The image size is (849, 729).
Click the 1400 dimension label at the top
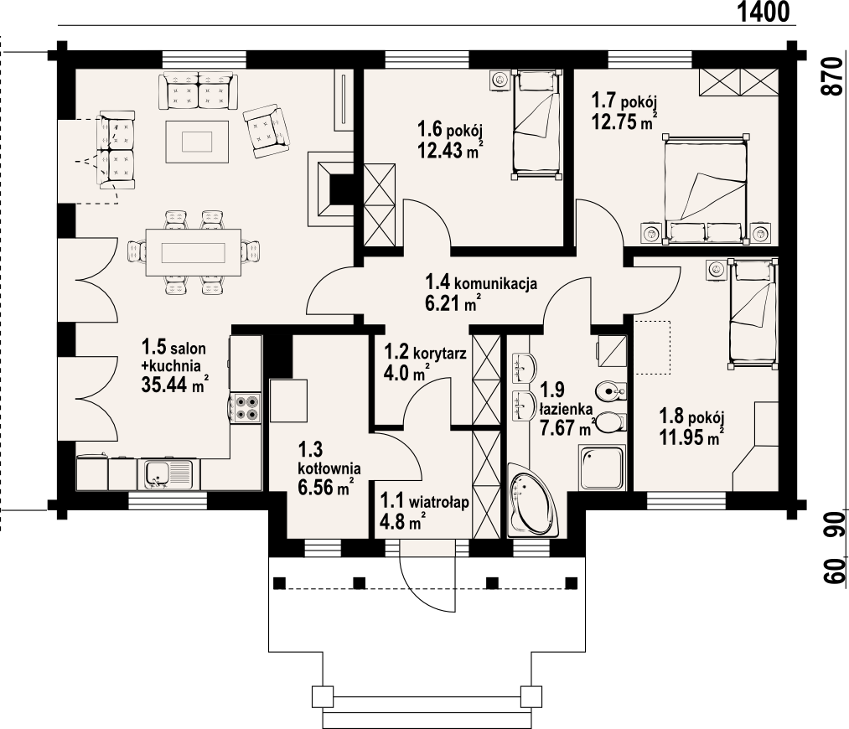764,12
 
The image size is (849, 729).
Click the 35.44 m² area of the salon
175,384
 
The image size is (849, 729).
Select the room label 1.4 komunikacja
481,282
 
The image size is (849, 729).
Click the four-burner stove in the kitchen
246,408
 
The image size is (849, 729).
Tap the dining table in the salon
194,252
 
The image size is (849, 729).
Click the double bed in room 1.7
706,189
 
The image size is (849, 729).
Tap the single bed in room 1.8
752,314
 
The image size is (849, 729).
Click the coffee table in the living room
197,142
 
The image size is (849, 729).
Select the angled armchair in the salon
266,131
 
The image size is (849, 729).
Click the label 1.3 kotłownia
329,458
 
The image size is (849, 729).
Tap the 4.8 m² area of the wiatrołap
401,523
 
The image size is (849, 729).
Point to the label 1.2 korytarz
425,352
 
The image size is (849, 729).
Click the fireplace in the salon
330,189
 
